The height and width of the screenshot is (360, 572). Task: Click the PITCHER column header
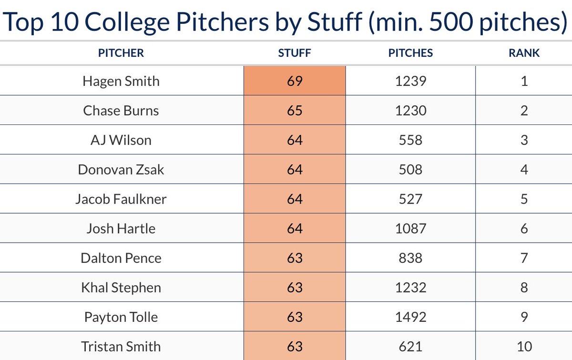[x=121, y=53]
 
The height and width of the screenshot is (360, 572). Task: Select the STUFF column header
[x=294, y=53]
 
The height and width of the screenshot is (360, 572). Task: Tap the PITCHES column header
[x=410, y=53]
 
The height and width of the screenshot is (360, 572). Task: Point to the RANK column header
[x=524, y=53]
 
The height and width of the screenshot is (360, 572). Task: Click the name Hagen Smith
[x=121, y=81]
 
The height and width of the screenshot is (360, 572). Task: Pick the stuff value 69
[x=295, y=81]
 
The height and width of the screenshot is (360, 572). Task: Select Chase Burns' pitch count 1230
[x=410, y=111]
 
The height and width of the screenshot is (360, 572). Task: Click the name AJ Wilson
[x=121, y=140]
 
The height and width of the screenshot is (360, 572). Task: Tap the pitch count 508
[x=410, y=169]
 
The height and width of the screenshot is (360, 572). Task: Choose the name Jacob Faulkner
[x=121, y=199]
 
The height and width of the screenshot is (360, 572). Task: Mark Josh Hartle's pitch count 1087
[x=410, y=228]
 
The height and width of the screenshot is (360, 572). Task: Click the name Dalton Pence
[x=121, y=258]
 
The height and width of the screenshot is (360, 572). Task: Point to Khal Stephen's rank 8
[x=524, y=288]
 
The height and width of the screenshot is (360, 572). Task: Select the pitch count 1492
[x=410, y=317]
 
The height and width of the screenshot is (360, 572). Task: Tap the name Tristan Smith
[x=121, y=347]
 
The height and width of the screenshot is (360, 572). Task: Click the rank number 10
[x=524, y=347]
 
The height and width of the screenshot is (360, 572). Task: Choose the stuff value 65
[x=295, y=111]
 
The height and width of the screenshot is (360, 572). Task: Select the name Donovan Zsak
[x=121, y=169]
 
